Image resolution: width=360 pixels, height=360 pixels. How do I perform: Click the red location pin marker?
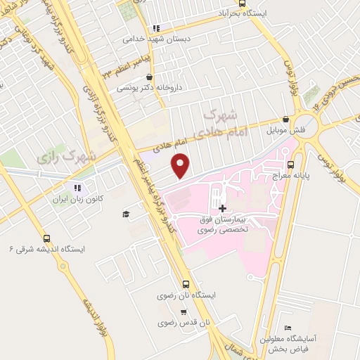pyautogui.click(x=181, y=166)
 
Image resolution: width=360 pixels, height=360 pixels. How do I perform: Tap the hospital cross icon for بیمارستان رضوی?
pyautogui.click(x=223, y=208)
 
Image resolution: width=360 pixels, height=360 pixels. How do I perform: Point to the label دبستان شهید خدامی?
pyautogui.click(x=148, y=39)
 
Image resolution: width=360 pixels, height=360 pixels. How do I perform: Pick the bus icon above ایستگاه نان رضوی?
pyautogui.click(x=186, y=285)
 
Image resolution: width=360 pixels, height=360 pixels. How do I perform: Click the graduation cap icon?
pyautogui.click(x=126, y=214)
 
